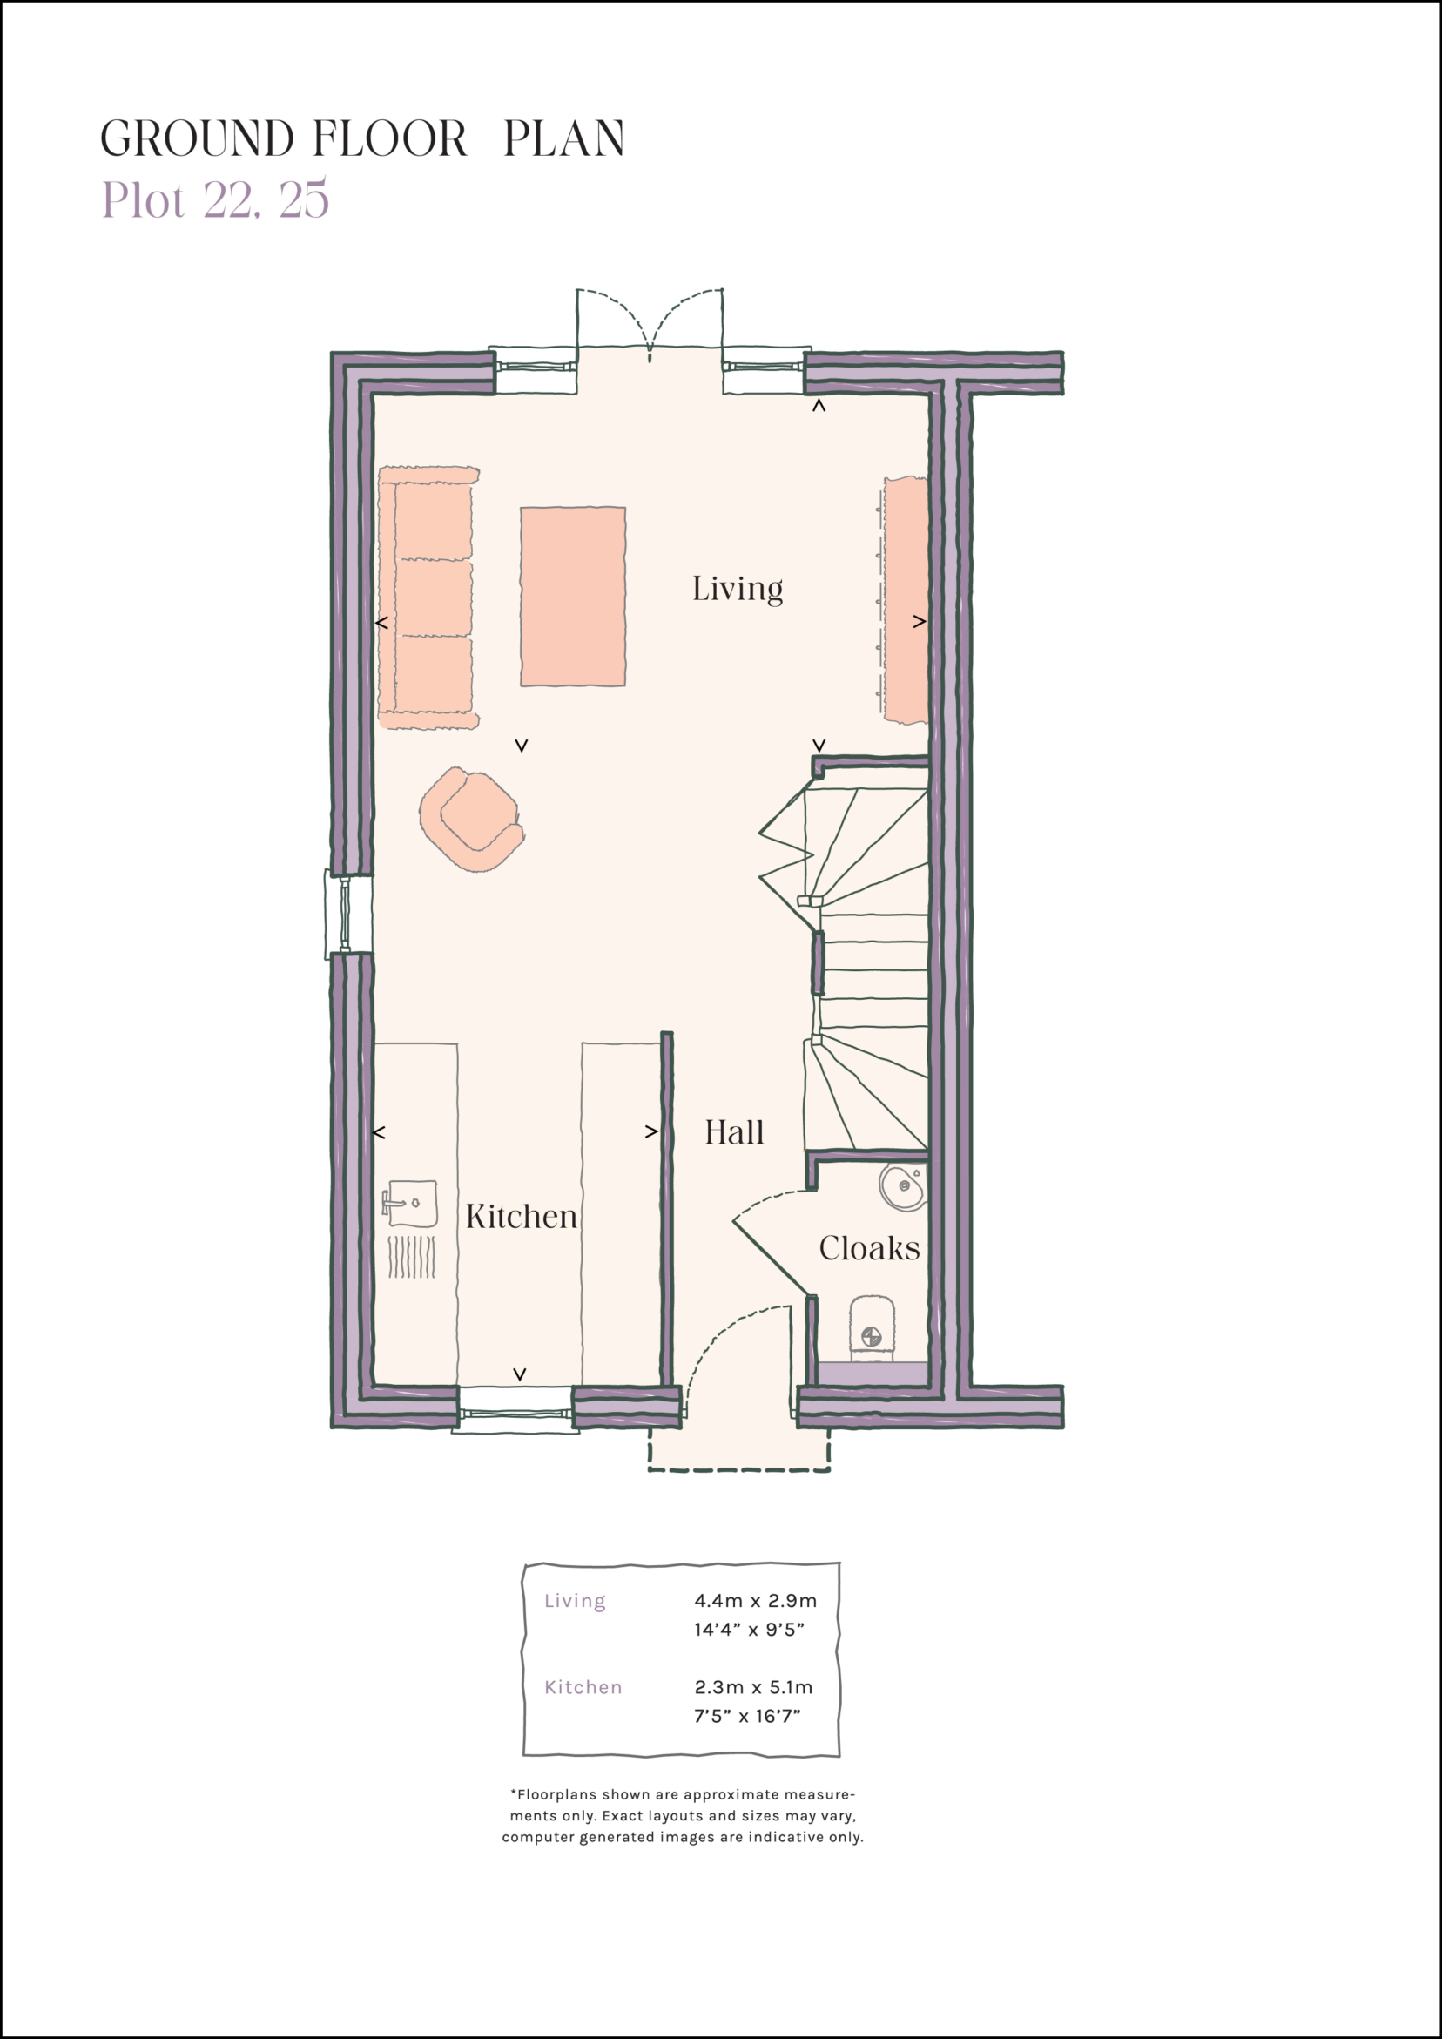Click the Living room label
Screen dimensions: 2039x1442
click(x=737, y=590)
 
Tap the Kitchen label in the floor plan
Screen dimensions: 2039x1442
click(x=522, y=1217)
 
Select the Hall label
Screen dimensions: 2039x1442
click(x=733, y=1133)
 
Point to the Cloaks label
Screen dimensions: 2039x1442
click(x=868, y=1249)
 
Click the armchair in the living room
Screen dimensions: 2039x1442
click(x=472, y=819)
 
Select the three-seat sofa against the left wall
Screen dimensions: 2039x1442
click(x=428, y=597)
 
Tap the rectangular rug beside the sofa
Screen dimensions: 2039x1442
click(x=573, y=597)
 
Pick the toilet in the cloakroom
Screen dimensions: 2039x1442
click(x=871, y=1329)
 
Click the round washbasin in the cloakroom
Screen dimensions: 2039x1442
click(x=903, y=1186)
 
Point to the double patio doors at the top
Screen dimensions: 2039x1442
click(x=650, y=324)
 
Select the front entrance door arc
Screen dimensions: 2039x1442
click(x=737, y=1350)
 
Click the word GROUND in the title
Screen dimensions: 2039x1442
click(x=196, y=139)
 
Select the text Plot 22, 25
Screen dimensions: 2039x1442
click(x=216, y=199)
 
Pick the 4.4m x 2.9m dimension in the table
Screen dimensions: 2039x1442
click(x=755, y=1601)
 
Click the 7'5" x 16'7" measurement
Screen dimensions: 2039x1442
click(x=747, y=1717)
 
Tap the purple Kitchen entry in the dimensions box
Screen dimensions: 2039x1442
click(x=583, y=1687)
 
